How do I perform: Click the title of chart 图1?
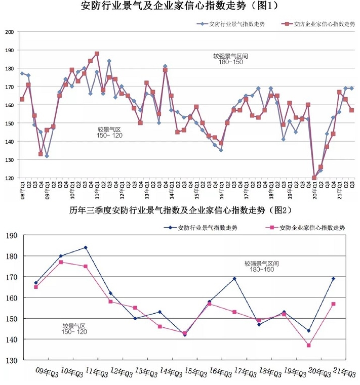click(180, 7)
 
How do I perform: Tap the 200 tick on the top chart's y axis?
click(9, 32)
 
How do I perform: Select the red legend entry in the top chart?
click(314, 24)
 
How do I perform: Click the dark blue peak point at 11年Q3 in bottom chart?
click(86, 247)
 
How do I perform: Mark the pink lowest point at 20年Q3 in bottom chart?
click(308, 345)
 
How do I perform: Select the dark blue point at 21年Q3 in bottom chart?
click(333, 279)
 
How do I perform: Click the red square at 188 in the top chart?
click(97, 54)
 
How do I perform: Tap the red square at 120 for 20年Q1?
click(314, 178)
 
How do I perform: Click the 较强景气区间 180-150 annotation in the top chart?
click(231, 59)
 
